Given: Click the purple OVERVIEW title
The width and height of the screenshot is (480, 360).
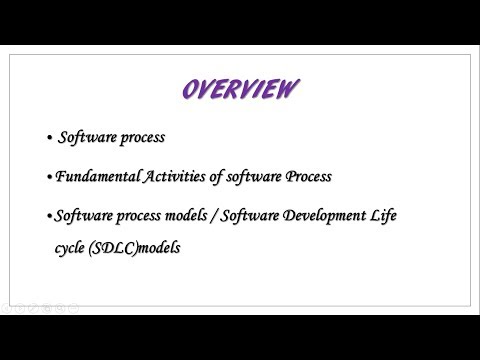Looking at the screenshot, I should coord(240,90).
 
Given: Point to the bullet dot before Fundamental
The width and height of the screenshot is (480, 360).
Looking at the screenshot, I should coord(50,178).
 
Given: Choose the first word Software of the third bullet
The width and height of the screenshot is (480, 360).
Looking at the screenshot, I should coord(83,215).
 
